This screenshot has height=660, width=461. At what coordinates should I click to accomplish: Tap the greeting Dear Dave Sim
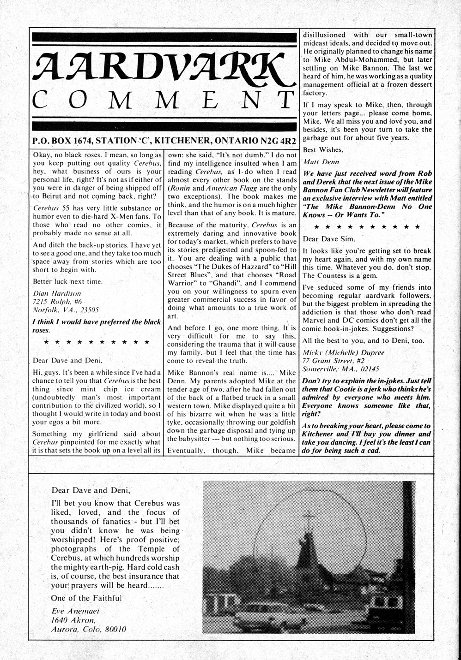pyautogui.click(x=329, y=239)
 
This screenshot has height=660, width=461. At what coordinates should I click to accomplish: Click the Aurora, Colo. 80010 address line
pyautogui.click(x=89, y=630)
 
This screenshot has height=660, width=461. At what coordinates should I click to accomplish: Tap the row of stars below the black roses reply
pyautogui.click(x=96, y=342)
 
